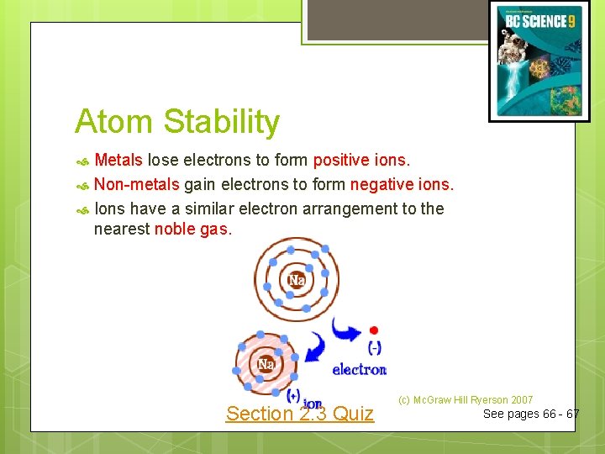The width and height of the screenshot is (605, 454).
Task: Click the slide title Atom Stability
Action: point(176,122)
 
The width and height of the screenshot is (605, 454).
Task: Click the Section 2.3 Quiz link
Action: point(299,413)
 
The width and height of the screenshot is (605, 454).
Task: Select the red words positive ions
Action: point(360,161)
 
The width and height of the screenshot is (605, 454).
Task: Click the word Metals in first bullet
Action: point(118,161)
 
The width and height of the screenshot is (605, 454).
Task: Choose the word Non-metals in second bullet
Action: point(136,184)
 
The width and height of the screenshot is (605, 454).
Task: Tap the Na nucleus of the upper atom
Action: point(296,280)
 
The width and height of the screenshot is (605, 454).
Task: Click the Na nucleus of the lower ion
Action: point(266,364)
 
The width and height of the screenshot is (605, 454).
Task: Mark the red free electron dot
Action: point(374,330)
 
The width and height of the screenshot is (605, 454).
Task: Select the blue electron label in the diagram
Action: point(359,369)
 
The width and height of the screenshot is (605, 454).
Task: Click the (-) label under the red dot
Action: point(374,346)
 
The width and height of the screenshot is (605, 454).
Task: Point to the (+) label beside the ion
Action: point(293,394)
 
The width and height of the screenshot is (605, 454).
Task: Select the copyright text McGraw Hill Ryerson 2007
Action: point(466,400)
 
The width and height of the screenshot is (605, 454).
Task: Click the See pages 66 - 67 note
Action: point(530,414)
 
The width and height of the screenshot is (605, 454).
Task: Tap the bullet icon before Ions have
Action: point(82,209)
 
